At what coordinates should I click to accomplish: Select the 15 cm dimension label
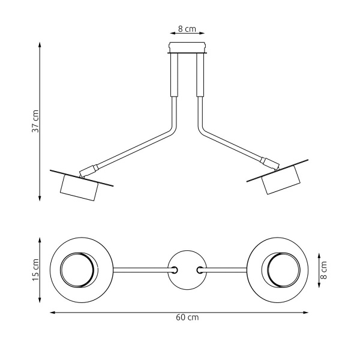(x=35, y=271)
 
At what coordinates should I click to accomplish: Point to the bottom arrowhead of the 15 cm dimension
(x=40, y=301)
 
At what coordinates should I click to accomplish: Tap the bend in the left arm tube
(x=173, y=129)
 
